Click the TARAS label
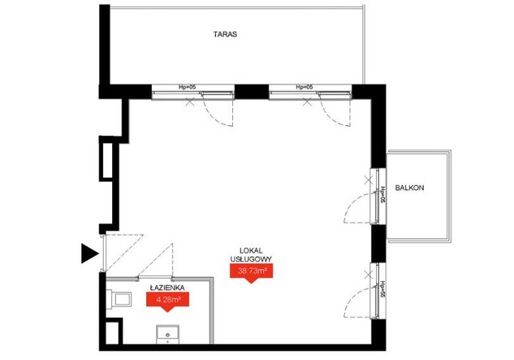(x=225, y=34)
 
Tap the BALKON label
(x=409, y=188)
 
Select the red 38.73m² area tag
(x=252, y=272)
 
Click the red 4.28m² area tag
(x=167, y=301)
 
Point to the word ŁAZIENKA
(x=167, y=288)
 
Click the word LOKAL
(x=251, y=251)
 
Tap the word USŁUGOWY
(x=251, y=259)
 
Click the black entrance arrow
(x=90, y=254)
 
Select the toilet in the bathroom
(x=119, y=299)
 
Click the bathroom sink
(x=168, y=334)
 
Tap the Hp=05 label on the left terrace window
(x=188, y=87)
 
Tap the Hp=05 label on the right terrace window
(x=305, y=87)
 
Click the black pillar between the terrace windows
(x=252, y=92)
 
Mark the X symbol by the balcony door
(x=369, y=180)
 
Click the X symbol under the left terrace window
(x=190, y=102)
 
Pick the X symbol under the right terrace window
(x=307, y=102)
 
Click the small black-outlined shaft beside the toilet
(x=113, y=332)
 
